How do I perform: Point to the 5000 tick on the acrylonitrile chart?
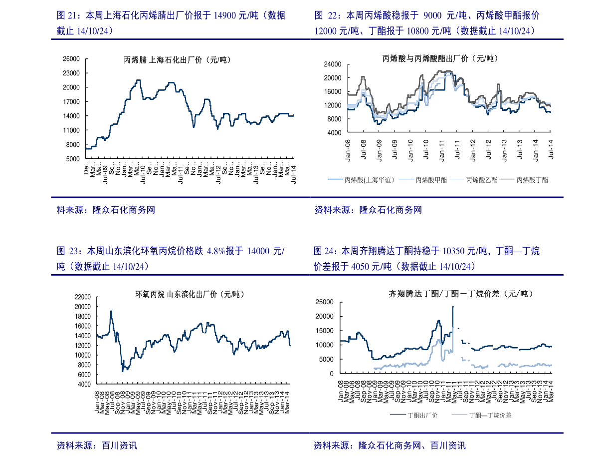(x=73, y=159)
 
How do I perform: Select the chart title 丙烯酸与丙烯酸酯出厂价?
(x=440, y=58)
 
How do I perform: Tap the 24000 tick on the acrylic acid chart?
(x=331, y=64)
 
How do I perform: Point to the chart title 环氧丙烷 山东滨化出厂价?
(x=187, y=294)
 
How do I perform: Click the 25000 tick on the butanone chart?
(x=324, y=302)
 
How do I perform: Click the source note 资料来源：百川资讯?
(x=97, y=446)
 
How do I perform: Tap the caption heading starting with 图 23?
(x=170, y=258)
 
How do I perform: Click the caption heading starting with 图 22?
(x=426, y=23)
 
